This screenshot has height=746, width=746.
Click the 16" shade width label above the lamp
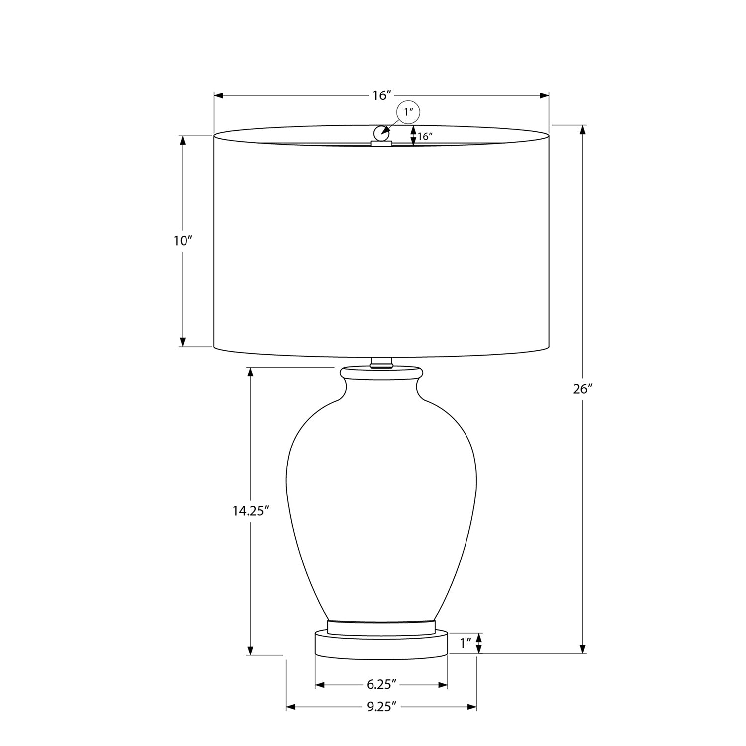[381, 95]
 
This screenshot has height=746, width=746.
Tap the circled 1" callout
[408, 112]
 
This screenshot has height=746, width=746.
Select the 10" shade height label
[183, 241]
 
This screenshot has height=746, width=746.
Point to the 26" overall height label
[583, 389]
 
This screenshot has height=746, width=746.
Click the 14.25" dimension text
[251, 511]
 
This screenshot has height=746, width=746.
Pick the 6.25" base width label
[381, 685]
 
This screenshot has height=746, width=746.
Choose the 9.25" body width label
[381, 706]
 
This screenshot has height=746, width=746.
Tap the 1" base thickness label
[465, 643]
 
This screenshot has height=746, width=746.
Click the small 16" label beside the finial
[425, 137]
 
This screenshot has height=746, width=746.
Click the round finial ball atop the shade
[381, 133]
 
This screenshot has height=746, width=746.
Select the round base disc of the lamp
[381, 645]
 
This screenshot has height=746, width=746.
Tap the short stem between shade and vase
[381, 363]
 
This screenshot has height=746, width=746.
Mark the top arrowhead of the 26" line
[583, 129]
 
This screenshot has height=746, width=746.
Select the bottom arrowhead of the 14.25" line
[251, 651]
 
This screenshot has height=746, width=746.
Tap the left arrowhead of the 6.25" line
[320, 685]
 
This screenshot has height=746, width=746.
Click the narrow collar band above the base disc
[381, 626]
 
